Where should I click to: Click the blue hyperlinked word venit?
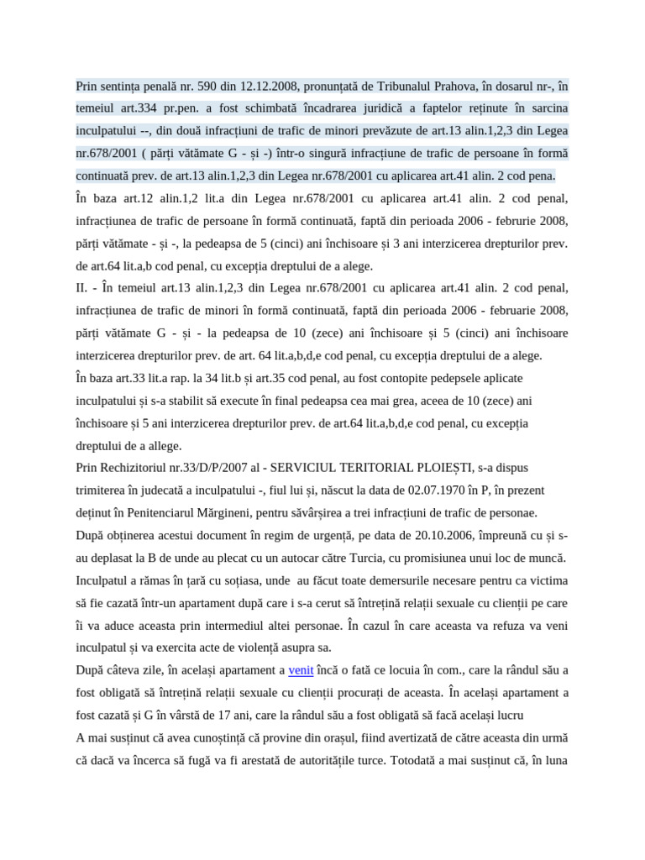point(301,670)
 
